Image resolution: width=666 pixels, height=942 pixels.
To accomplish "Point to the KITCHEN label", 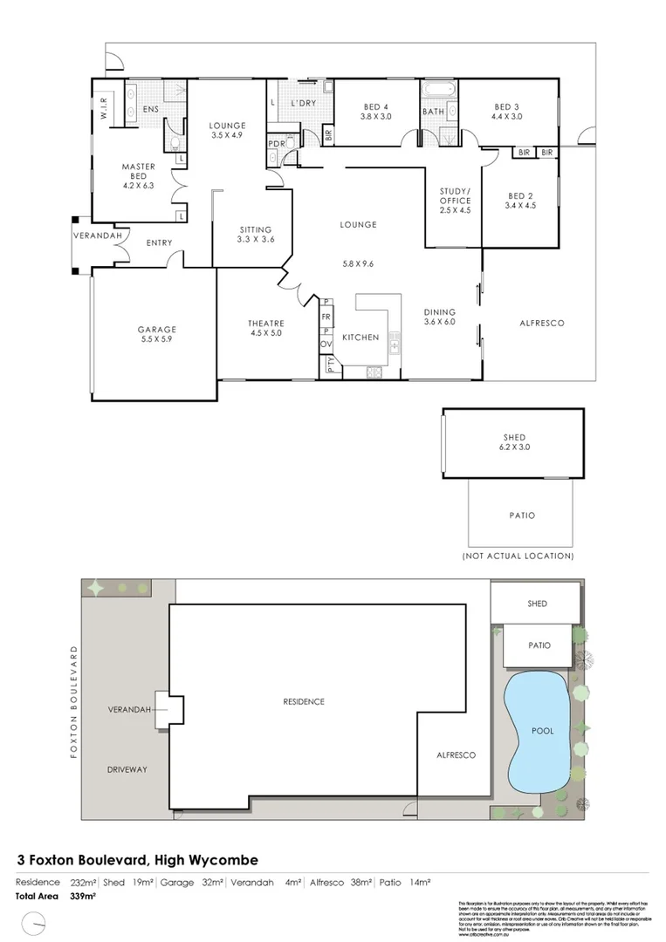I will [360, 338].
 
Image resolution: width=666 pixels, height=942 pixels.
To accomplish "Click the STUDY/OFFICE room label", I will [455, 201].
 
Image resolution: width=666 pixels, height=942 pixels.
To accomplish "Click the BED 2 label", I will [520, 201].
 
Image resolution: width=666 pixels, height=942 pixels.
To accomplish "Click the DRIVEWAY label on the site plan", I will [127, 770].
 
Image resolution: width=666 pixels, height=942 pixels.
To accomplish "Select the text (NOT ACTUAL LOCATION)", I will [518, 556].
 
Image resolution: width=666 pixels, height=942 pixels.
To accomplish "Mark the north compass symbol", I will [36, 921].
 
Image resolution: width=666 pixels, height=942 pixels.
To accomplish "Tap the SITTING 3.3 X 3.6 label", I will [257, 234].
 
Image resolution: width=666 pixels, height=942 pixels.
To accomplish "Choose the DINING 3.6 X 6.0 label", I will [440, 317].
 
